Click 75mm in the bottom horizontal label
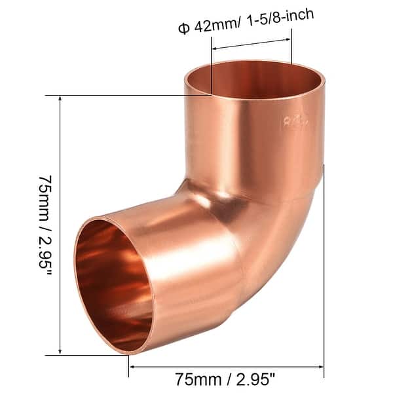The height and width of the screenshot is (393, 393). (x=196, y=379)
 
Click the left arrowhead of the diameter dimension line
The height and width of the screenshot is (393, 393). (x=215, y=48)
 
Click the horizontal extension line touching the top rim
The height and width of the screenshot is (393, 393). (x=131, y=96)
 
